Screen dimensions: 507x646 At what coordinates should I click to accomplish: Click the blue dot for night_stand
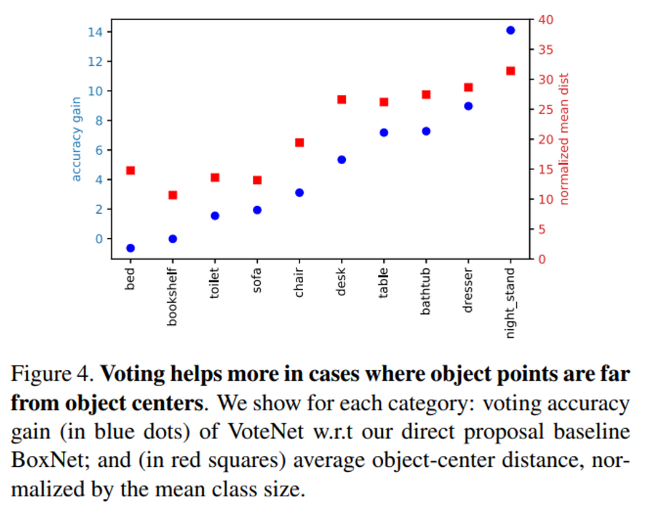tap(511, 30)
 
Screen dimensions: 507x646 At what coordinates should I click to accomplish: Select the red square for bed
tap(130, 171)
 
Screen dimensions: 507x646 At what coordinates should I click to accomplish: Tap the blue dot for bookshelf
tap(173, 239)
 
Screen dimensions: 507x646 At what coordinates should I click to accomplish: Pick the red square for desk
tap(342, 100)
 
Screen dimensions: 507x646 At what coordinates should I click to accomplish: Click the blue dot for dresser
tap(468, 106)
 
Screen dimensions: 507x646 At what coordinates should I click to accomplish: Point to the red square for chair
tap(299, 143)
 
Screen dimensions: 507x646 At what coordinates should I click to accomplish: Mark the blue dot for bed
tap(130, 248)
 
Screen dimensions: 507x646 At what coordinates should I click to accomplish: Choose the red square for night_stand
tap(511, 71)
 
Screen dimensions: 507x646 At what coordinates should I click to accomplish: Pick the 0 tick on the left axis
tap(100, 239)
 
